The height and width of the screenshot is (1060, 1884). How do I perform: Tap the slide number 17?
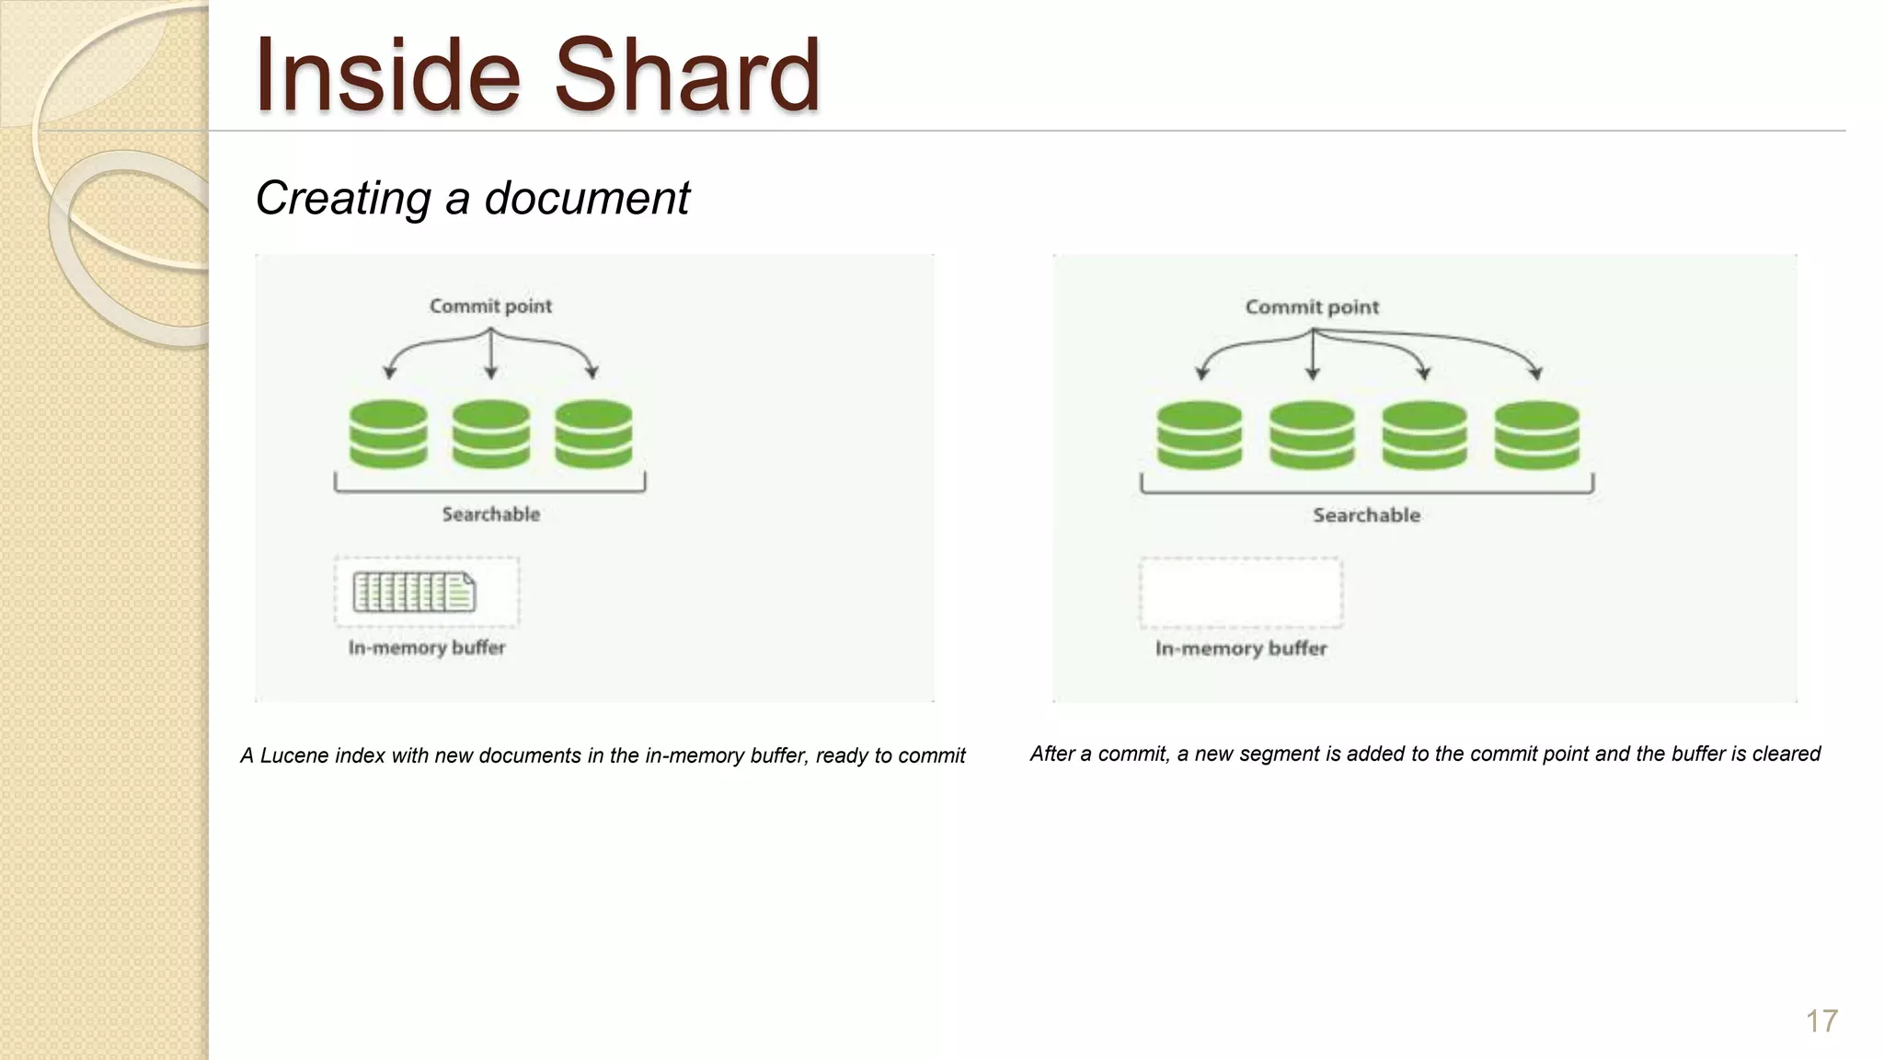[x=1821, y=1021]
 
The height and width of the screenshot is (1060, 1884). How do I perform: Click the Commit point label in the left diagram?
[x=490, y=306]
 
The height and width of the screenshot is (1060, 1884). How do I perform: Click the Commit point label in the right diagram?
[x=1312, y=307]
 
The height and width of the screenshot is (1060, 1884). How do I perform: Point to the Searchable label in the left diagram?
[x=490, y=514]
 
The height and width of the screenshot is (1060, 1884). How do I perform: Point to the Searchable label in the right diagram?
[x=1366, y=515]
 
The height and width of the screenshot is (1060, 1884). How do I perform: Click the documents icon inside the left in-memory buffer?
[x=414, y=593]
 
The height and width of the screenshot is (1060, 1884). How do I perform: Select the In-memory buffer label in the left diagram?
[x=427, y=648]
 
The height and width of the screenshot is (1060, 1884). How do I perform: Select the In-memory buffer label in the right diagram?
[x=1241, y=649]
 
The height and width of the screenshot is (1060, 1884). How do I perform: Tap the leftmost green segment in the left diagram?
[x=388, y=434]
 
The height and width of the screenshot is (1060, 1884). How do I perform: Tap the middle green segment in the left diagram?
[x=490, y=434]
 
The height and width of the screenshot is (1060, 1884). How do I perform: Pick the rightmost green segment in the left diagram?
[x=593, y=434]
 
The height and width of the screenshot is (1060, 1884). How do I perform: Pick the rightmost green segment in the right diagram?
[x=1536, y=435]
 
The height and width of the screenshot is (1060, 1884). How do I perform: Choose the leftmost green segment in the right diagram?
[x=1199, y=435]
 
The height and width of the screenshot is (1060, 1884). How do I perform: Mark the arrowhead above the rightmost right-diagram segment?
[x=1535, y=373]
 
